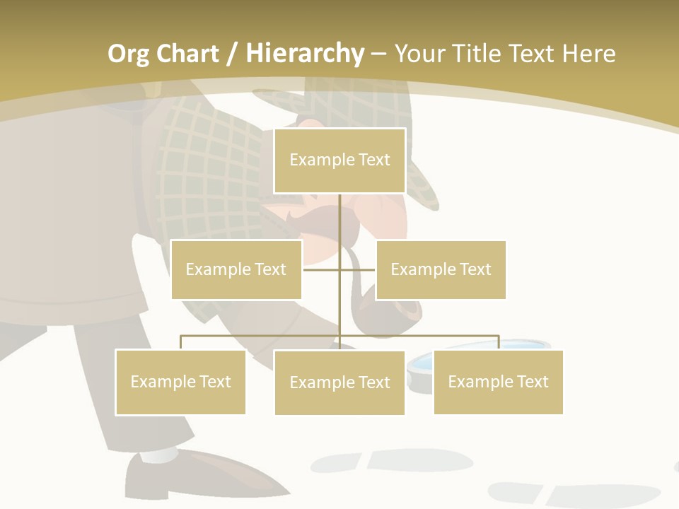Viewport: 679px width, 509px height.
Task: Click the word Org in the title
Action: coord(128,54)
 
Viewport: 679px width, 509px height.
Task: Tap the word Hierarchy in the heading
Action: coord(305,54)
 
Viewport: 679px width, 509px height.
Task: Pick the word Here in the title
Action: coord(588,54)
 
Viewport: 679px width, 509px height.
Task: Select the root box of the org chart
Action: coord(339,160)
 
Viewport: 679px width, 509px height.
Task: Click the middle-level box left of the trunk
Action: coord(236,269)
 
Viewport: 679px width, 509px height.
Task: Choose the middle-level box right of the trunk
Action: coord(441,269)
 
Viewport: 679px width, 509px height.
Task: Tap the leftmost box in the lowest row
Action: coord(180,382)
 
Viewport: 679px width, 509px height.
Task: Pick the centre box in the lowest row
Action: coord(339,382)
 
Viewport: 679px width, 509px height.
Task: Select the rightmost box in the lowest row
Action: coord(498,382)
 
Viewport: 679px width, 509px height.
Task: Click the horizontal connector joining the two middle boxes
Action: coord(322,269)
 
